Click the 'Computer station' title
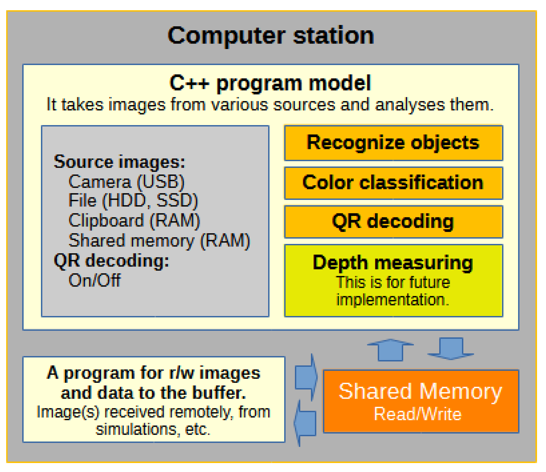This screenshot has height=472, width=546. [271, 36]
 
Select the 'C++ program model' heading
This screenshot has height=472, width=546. [271, 83]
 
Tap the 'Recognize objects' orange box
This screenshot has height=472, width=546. [394, 143]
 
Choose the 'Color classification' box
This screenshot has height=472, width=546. [394, 183]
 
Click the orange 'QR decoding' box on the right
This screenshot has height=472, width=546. [394, 222]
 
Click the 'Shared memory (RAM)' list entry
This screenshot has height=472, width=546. [159, 240]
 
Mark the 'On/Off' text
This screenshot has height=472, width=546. [95, 280]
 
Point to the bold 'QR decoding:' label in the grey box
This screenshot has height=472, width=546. [111, 261]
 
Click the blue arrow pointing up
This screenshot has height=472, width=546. [391, 350]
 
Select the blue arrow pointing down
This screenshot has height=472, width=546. [451, 348]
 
